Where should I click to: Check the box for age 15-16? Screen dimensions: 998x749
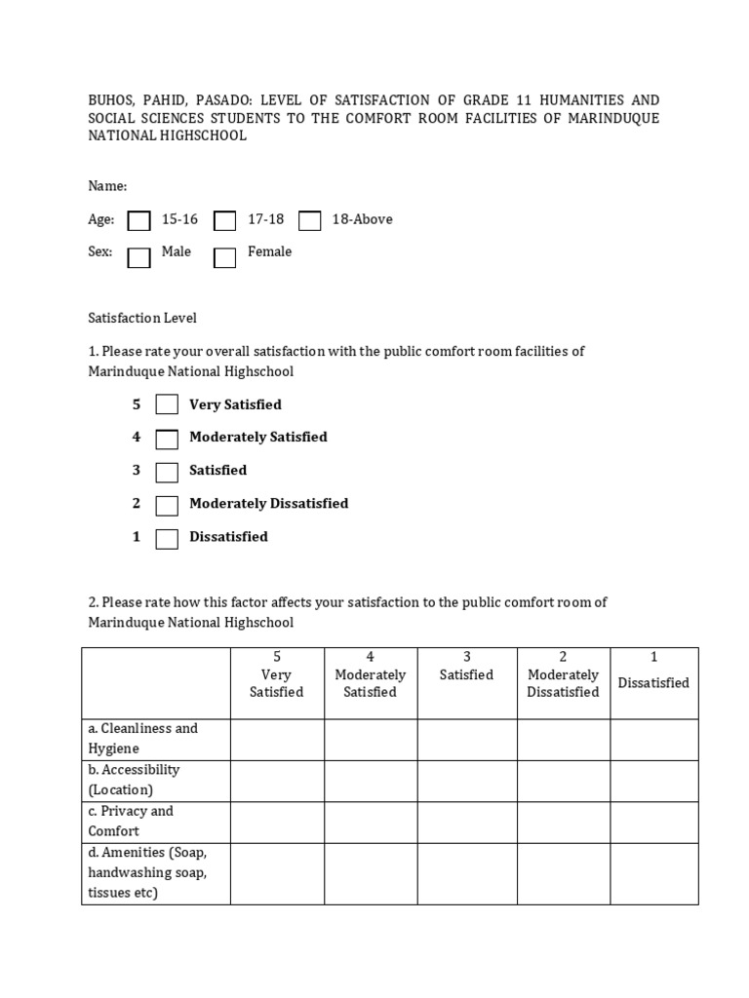139,221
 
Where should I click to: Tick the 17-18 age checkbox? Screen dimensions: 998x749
225,221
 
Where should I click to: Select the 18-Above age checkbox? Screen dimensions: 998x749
310,221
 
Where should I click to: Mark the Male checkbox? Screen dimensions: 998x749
139,257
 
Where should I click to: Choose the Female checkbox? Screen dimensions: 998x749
225,257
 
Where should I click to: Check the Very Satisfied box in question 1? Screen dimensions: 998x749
167,404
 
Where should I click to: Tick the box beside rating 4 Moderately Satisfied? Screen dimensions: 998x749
167,439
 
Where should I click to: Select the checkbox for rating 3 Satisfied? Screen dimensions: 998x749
167,472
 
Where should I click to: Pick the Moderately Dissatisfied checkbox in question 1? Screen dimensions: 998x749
167,505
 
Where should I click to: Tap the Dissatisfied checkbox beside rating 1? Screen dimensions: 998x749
167,538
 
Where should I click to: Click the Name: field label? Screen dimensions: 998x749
107,186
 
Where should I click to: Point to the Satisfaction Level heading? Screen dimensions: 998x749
142,318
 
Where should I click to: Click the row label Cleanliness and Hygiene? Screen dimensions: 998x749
142,739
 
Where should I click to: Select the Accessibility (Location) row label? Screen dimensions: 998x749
134,780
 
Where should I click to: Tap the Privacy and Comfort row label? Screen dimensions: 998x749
130,821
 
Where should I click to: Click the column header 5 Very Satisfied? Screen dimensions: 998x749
277,674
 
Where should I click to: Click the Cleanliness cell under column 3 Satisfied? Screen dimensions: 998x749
467,739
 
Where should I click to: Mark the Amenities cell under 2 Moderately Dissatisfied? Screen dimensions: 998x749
563,873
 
